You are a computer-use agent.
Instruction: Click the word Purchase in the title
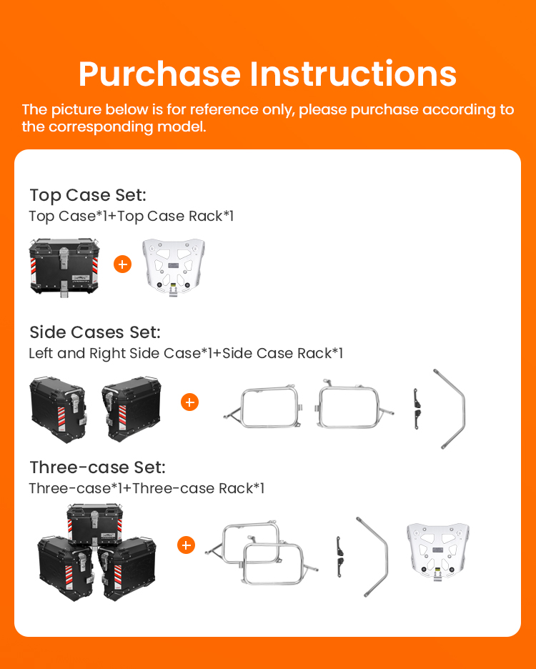click(159, 75)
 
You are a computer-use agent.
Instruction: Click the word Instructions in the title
click(353, 74)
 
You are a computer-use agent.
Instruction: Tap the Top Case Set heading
click(88, 195)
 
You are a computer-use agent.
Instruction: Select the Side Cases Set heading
click(95, 332)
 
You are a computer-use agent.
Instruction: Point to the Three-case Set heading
click(97, 467)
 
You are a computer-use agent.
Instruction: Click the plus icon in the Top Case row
click(122, 264)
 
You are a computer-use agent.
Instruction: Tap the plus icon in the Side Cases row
click(190, 402)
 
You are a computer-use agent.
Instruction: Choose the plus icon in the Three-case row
click(186, 545)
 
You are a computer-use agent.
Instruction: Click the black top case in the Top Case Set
click(64, 267)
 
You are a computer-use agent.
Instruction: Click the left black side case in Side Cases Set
click(59, 410)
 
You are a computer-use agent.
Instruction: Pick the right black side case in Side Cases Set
click(131, 409)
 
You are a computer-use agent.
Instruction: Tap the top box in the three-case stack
click(95, 525)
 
